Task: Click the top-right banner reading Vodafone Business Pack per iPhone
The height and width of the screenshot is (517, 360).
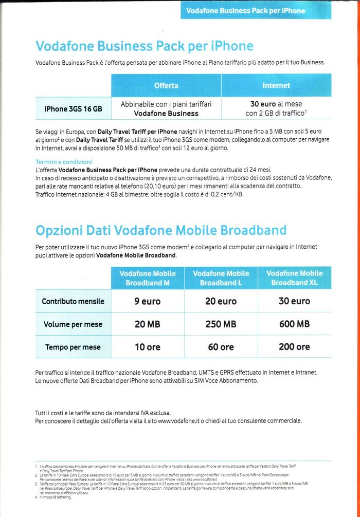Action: (x=256, y=10)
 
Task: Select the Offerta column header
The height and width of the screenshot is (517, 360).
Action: (x=166, y=85)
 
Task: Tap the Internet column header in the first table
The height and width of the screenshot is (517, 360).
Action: (x=276, y=85)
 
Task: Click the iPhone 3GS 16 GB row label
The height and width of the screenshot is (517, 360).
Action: (x=73, y=109)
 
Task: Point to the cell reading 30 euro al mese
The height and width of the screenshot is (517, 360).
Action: (x=276, y=108)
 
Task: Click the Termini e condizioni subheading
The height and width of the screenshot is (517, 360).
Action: (x=63, y=162)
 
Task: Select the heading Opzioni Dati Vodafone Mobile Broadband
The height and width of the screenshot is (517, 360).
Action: (x=161, y=230)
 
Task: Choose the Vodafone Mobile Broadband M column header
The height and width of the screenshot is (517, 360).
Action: (x=148, y=278)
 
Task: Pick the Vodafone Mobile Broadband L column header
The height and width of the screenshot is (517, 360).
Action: (x=221, y=278)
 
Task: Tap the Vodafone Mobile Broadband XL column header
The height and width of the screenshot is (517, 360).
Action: (x=294, y=278)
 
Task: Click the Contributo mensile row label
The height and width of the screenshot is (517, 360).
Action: (x=73, y=301)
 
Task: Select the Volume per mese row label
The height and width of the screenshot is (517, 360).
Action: (x=73, y=324)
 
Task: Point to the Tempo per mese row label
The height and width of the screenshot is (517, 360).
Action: (x=73, y=347)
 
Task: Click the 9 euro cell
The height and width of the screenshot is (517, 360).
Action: (x=148, y=301)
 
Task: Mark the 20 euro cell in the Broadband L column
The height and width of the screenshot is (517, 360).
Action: (x=221, y=301)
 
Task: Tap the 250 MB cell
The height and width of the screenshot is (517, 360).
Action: (x=221, y=324)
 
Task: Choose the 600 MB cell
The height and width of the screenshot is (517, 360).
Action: (x=294, y=324)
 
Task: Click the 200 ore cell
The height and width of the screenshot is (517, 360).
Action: (x=294, y=347)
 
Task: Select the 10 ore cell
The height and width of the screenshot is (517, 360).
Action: (x=148, y=347)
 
